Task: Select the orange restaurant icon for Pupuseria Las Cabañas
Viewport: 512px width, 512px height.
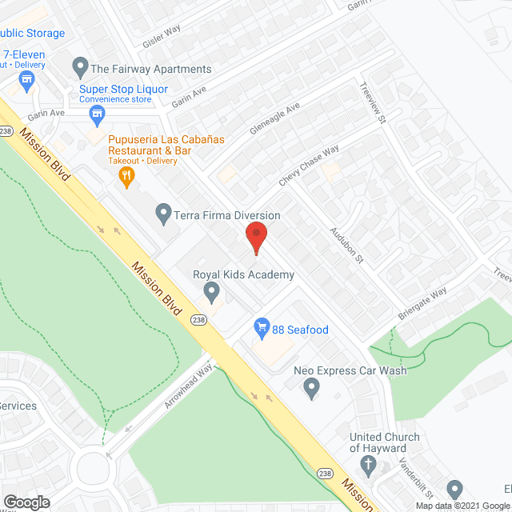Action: (x=126, y=175)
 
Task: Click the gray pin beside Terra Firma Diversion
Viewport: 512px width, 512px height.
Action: (x=164, y=214)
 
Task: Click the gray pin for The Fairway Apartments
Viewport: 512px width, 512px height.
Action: (x=79, y=66)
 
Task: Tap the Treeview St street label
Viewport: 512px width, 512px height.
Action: (x=373, y=103)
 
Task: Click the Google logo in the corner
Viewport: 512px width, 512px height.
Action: (x=26, y=502)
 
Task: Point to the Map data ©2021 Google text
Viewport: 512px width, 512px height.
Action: (x=461, y=506)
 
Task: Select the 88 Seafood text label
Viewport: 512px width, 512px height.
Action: (x=301, y=330)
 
